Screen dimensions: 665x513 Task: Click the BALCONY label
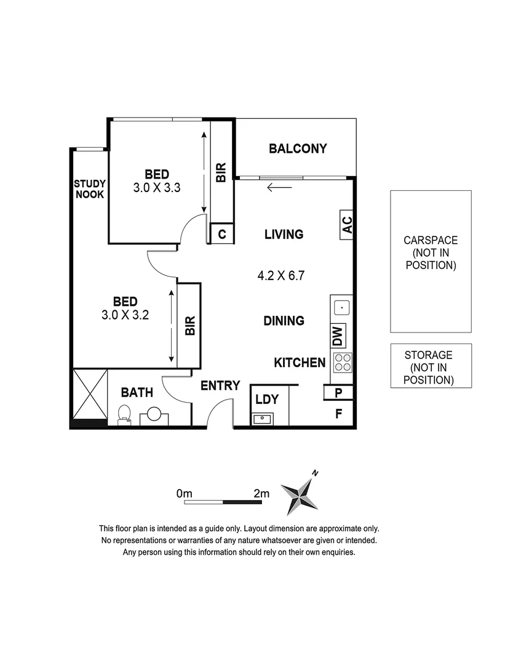click(298, 148)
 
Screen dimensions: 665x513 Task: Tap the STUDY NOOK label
click(90, 189)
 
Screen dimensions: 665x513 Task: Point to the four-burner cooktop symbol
click(342, 363)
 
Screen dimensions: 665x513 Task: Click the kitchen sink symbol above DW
click(341, 306)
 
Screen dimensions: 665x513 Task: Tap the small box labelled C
click(222, 234)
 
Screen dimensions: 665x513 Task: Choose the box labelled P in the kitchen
click(338, 392)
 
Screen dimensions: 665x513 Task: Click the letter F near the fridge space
click(338, 414)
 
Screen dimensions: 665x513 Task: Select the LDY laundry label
click(267, 400)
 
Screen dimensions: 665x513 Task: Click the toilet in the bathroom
click(124, 416)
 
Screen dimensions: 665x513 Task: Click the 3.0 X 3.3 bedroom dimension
click(156, 188)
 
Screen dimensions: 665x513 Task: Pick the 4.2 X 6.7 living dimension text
click(281, 276)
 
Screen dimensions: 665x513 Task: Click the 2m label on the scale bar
click(261, 493)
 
